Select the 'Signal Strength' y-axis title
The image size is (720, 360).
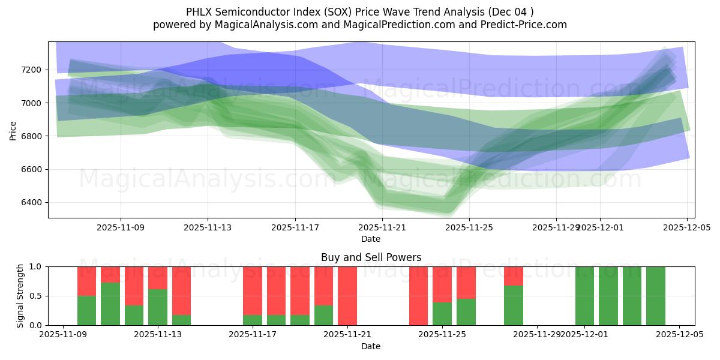point(20,296)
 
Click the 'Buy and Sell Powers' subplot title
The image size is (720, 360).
point(371,257)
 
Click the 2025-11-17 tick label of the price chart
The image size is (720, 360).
point(295,228)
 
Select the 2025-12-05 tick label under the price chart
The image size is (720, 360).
point(686,228)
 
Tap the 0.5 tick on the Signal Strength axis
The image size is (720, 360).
point(35,296)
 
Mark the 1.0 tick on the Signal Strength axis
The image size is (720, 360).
point(35,266)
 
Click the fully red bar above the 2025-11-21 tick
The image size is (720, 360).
point(347,296)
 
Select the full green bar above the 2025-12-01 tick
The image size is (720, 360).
point(584,296)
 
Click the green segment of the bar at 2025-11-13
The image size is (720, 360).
point(158,307)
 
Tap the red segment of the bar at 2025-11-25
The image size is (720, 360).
point(442,284)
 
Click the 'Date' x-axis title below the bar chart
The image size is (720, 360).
point(371,346)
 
